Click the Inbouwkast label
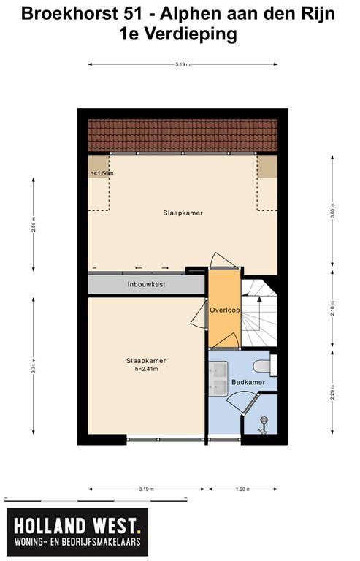(x=146, y=284)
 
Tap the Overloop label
(x=224, y=310)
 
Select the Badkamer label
(x=248, y=382)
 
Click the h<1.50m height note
(x=102, y=174)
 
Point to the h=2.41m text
(x=146, y=369)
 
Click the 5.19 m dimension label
(x=183, y=65)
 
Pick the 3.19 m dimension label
(x=146, y=489)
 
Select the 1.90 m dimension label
(x=242, y=489)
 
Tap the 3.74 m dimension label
(x=34, y=366)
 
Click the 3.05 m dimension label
(x=332, y=211)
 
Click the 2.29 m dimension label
(x=332, y=392)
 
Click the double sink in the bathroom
(x=218, y=378)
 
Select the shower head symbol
(x=264, y=424)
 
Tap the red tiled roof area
(x=183, y=136)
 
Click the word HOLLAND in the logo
(x=50, y=526)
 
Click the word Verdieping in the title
(x=191, y=35)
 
